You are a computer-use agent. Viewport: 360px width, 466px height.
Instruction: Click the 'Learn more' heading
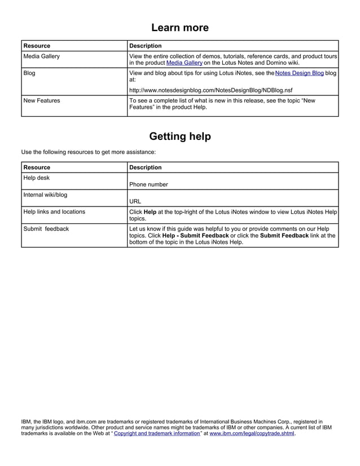(180, 28)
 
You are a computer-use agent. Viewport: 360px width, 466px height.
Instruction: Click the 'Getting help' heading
(180, 137)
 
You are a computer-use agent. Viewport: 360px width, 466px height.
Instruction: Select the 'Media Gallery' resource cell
(41, 56)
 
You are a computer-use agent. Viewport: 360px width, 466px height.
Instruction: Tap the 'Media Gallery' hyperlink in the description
(184, 63)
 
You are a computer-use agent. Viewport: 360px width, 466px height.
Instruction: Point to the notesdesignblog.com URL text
(211, 90)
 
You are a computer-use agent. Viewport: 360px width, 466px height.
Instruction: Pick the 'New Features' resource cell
(42, 100)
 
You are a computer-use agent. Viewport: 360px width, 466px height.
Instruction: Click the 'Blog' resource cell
(29, 73)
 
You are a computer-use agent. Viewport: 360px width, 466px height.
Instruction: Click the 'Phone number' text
(148, 184)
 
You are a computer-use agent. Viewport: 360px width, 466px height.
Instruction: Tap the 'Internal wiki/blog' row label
(45, 195)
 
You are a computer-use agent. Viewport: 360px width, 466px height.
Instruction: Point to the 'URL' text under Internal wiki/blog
(135, 201)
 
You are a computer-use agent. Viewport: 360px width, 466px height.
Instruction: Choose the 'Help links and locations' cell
(54, 212)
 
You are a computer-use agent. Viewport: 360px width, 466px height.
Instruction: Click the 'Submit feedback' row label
(46, 228)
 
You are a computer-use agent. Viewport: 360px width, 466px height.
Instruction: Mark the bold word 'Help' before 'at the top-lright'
(151, 212)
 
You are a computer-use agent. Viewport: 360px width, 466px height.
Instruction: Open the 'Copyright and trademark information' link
(157, 434)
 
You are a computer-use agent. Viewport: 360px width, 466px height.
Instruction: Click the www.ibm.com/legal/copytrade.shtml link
(252, 434)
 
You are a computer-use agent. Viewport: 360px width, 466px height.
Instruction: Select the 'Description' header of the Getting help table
(146, 168)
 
